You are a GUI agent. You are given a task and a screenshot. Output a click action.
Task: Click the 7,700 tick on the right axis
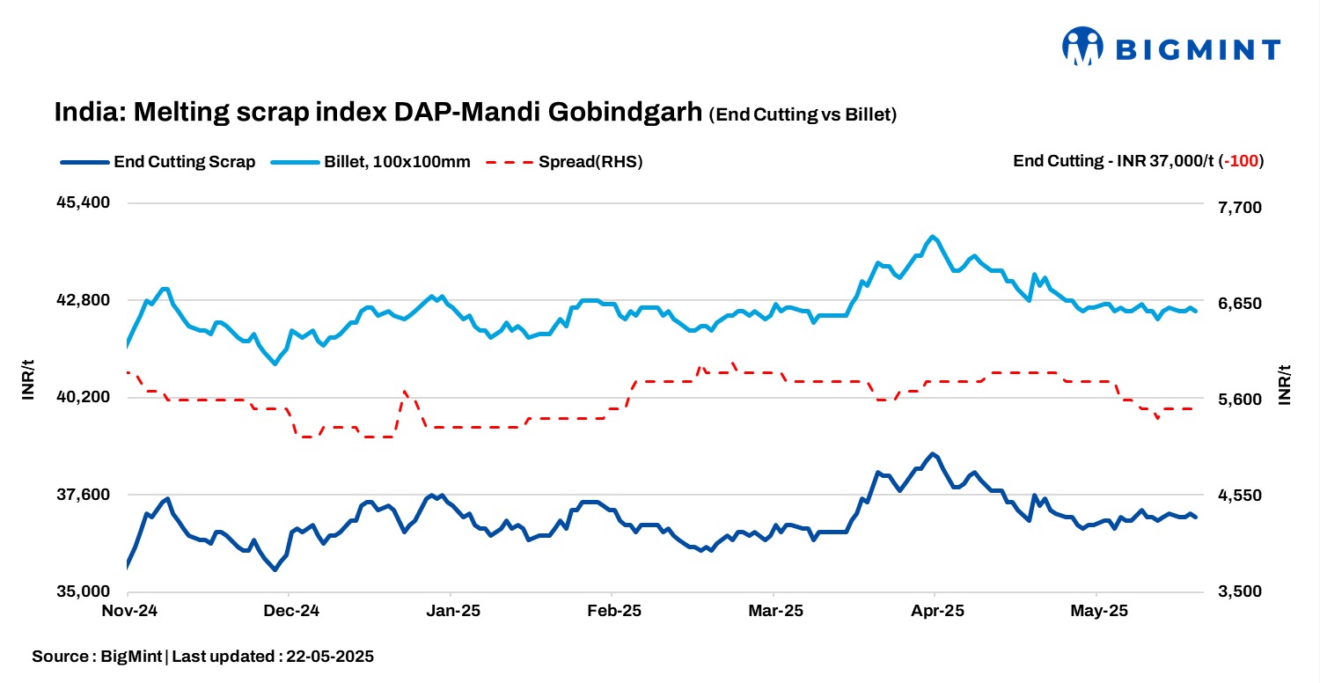tap(1240, 208)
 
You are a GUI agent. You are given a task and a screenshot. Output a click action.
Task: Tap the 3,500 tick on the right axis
tap(1240, 591)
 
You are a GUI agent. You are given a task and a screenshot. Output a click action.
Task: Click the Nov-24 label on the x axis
tap(128, 611)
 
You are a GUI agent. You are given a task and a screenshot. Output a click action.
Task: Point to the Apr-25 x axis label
tap(935, 611)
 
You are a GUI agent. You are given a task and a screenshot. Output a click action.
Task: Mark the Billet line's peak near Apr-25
tap(932, 236)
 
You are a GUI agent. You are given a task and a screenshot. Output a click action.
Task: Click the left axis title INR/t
tap(28, 380)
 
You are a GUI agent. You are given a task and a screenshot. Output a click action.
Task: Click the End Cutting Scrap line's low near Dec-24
tap(275, 569)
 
